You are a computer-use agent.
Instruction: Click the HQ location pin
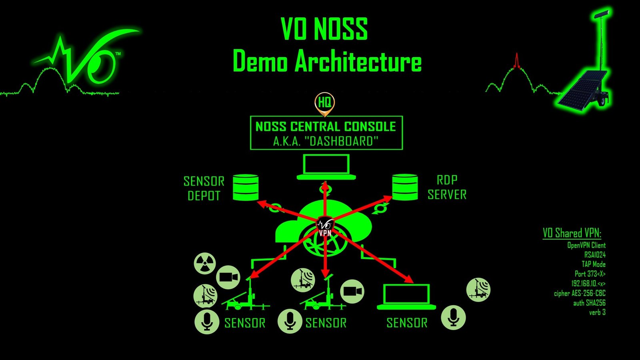pos(324,103)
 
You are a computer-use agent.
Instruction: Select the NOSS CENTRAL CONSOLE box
pos(326,133)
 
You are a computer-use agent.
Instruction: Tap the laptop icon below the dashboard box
pos(326,167)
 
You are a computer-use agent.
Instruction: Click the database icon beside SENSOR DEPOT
pos(246,187)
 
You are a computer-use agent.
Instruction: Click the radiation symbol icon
pos(205,263)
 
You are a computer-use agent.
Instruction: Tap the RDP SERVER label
pos(447,187)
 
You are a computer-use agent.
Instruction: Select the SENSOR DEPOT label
pos(204,188)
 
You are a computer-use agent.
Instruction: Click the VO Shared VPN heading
pos(572,233)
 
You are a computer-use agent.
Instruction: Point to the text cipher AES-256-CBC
pos(579,293)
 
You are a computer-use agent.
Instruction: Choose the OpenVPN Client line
pos(586,245)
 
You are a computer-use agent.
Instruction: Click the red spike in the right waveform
pos(517,60)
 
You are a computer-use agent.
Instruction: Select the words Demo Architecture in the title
pos(327,62)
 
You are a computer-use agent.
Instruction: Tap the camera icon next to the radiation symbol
pos(228,277)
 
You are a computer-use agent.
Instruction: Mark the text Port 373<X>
pos(590,274)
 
